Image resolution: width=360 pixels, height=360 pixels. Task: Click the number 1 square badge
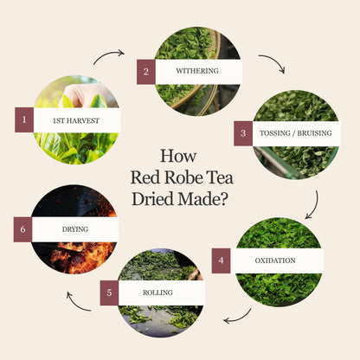24,120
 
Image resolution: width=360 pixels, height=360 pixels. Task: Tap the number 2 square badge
146,72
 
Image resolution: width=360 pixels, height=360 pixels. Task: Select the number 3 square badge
243,133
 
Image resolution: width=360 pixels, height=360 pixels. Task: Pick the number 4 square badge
222,260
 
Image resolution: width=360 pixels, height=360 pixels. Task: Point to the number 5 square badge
109,292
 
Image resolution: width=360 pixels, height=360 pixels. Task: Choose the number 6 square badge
22,229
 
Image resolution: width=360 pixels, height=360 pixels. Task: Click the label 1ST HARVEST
76,120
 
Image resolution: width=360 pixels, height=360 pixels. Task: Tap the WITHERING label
197,71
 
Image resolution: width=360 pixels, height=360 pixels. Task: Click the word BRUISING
314,133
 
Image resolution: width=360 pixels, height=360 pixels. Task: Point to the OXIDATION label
275,260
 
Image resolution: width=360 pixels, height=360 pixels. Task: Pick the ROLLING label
157,292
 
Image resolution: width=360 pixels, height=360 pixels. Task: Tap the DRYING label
75,229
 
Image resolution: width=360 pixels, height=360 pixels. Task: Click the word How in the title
178,156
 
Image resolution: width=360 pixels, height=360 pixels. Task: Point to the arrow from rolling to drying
75,305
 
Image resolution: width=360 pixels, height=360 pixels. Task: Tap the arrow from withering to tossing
275,60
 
